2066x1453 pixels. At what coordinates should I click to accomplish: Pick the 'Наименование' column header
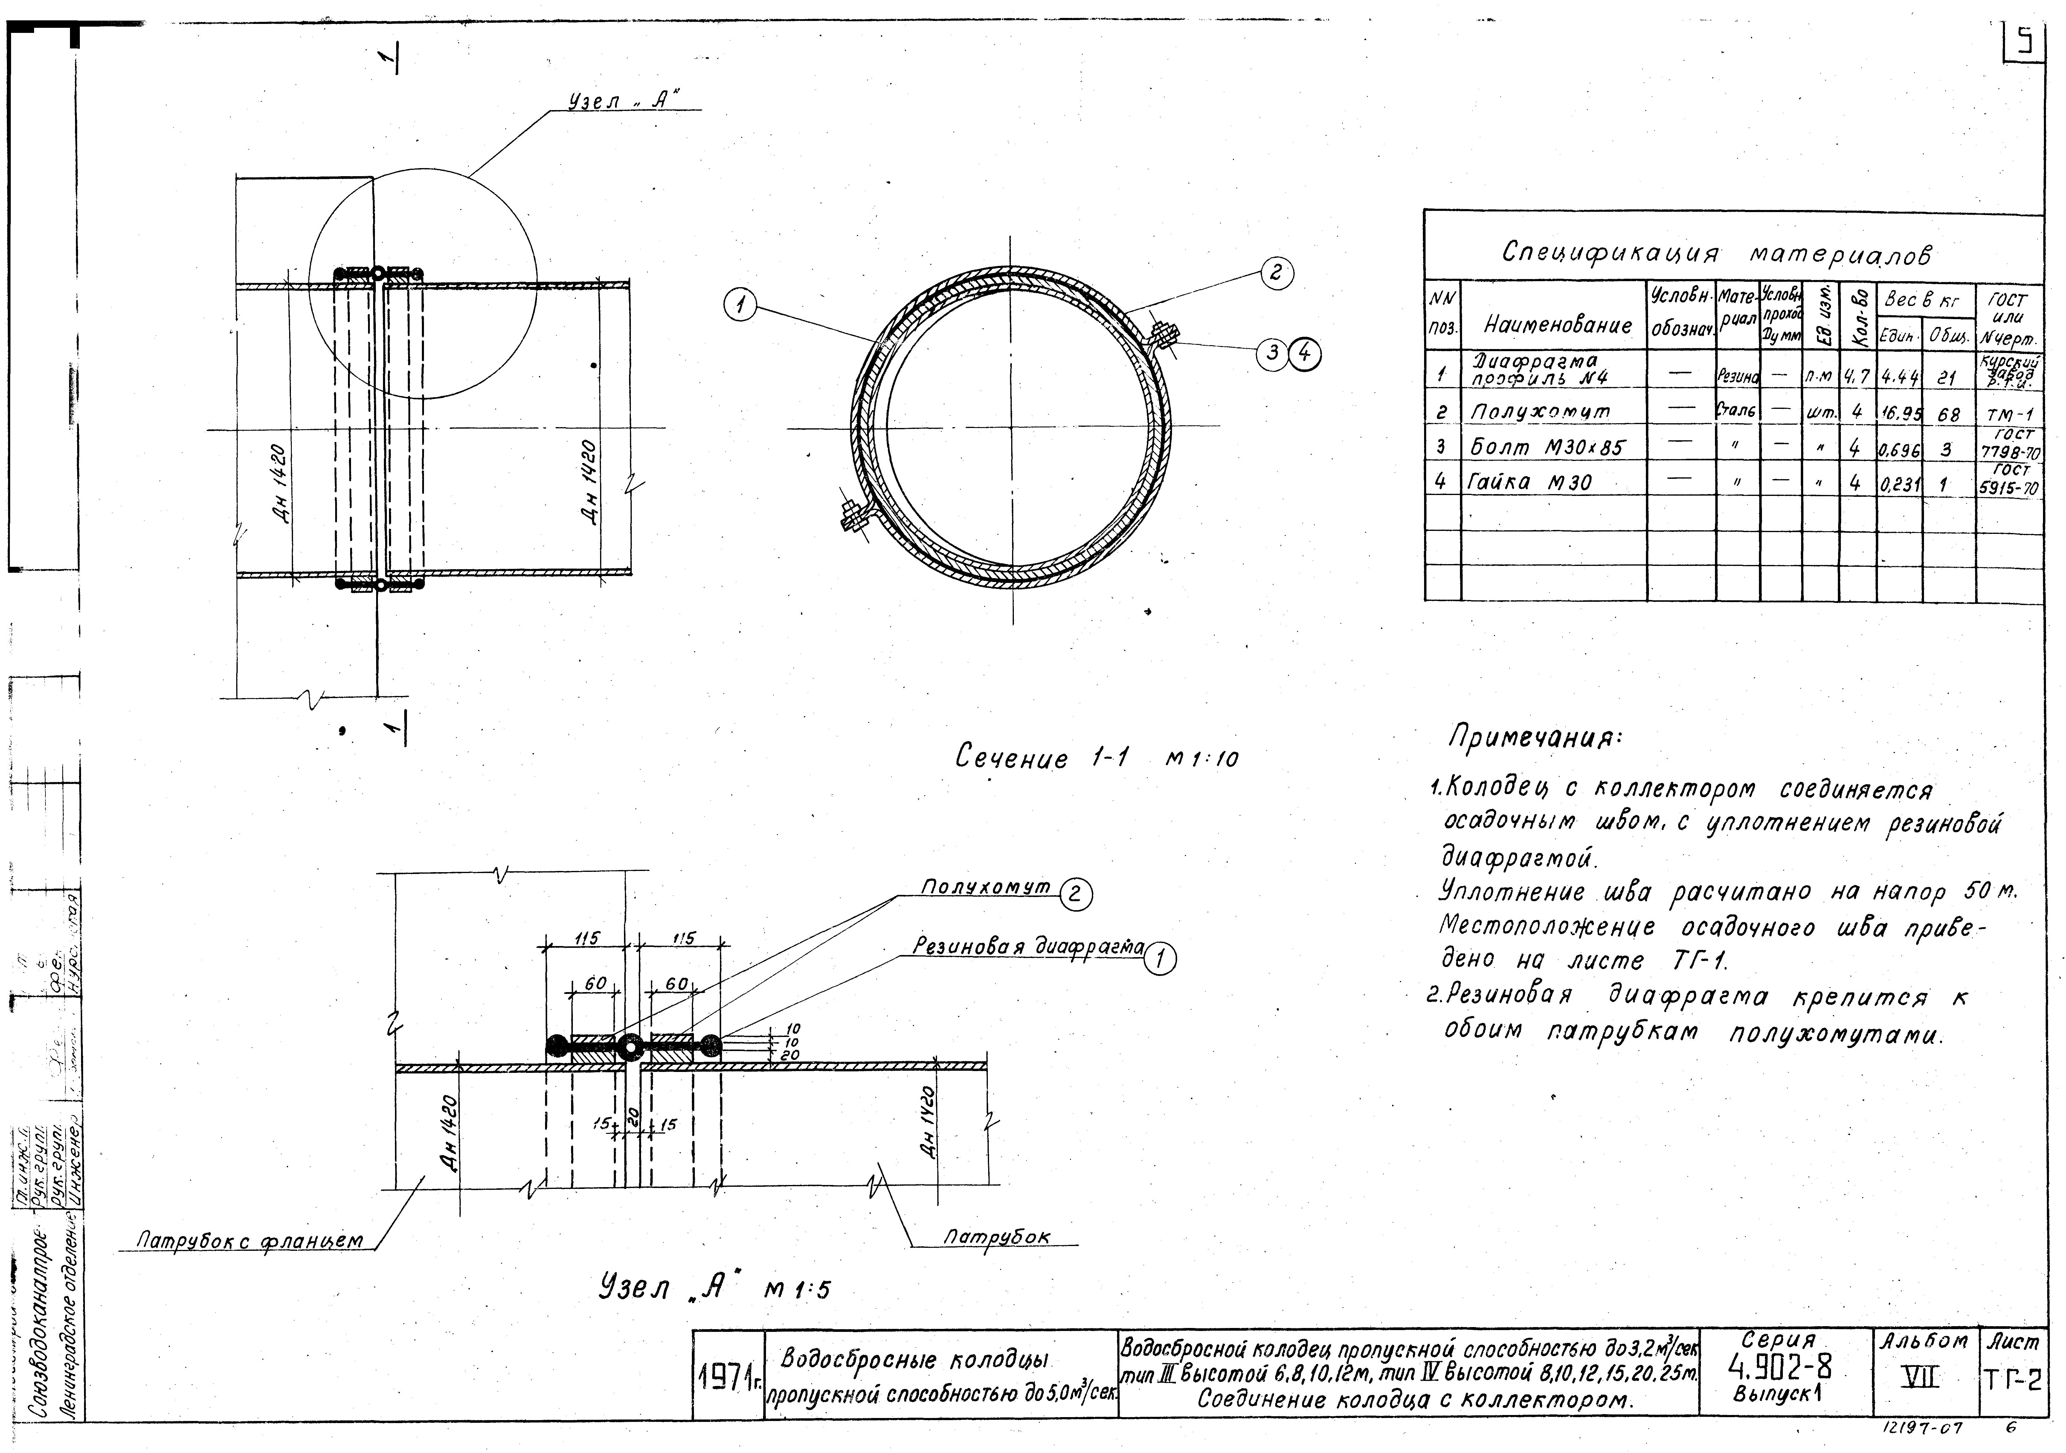point(1557,325)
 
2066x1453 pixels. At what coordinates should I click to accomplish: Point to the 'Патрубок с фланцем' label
point(249,1242)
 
